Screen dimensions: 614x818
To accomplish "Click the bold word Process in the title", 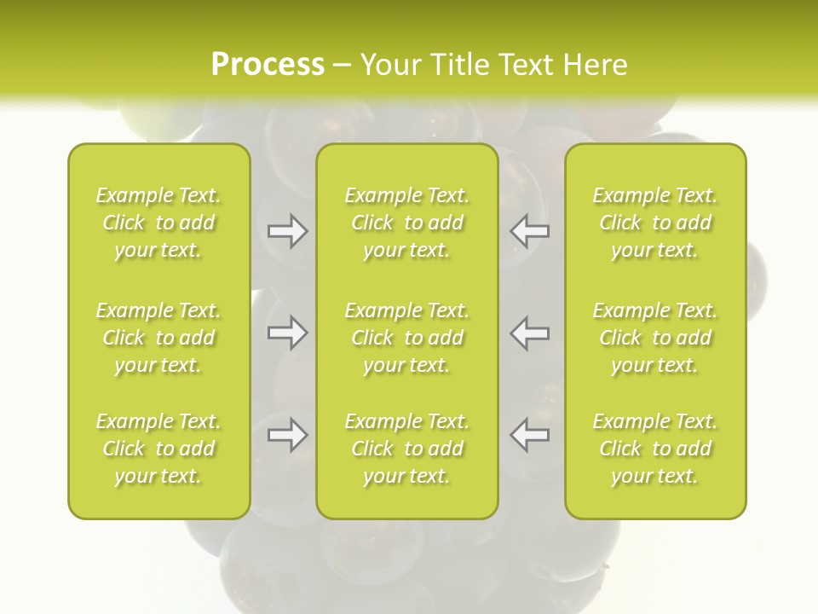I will (x=268, y=64).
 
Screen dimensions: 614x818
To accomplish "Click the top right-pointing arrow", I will (x=287, y=231).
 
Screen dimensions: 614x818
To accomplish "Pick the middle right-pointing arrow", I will (x=287, y=333).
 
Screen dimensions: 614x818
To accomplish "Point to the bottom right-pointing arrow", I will (x=287, y=436).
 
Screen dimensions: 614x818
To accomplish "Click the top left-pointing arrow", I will (x=530, y=231).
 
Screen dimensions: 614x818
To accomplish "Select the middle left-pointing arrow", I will (x=530, y=333).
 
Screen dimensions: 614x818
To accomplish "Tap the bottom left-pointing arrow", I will (x=530, y=436).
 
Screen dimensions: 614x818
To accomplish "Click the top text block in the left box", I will (x=158, y=223).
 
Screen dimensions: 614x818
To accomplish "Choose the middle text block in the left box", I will (x=158, y=338).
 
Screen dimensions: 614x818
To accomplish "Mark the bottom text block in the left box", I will (x=158, y=449).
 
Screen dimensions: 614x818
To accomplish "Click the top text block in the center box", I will (x=407, y=223).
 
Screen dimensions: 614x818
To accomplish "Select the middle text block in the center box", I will (x=407, y=338).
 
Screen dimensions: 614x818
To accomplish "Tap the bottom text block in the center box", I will (x=407, y=449).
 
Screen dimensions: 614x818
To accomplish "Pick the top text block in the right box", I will (x=655, y=223).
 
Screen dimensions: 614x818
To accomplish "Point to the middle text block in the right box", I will (x=655, y=338).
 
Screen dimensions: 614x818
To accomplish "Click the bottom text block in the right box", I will (x=655, y=449).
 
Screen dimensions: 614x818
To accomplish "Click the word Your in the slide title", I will (x=389, y=64).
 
